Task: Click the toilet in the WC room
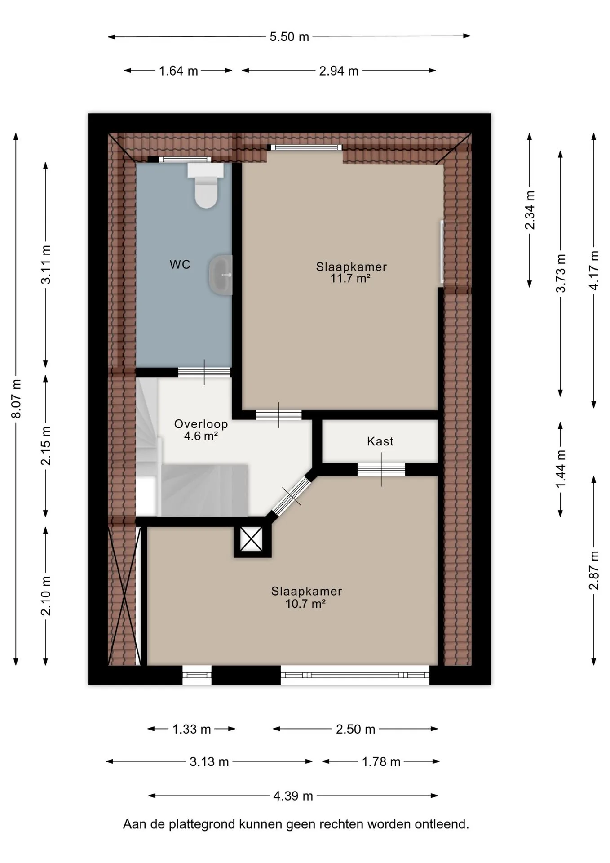point(206,185)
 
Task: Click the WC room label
point(180,265)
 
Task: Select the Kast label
point(380,441)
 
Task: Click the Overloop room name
point(201,424)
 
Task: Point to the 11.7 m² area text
point(350,278)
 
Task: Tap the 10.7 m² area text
point(305,603)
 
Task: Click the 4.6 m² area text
point(201,436)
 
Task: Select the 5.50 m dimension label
point(289,37)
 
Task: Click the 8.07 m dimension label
point(17,399)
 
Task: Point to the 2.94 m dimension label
point(339,71)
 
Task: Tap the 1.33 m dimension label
point(192,729)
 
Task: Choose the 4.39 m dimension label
point(293,796)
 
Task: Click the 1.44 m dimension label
point(561,469)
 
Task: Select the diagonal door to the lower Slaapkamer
point(292,495)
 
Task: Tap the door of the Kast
point(381,469)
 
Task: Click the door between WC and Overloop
point(204,372)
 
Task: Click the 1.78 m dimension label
point(381,762)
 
